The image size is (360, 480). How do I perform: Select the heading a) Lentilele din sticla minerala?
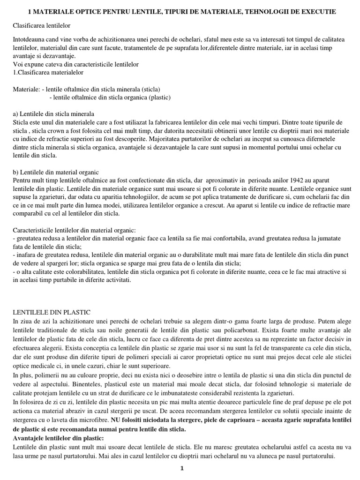(53, 114)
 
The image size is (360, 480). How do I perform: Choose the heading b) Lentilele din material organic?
(55, 172)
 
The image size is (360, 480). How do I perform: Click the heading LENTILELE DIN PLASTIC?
(52, 312)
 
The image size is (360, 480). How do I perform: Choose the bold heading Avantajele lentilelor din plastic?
(58, 437)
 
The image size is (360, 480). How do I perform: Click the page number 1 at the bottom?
(181, 468)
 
